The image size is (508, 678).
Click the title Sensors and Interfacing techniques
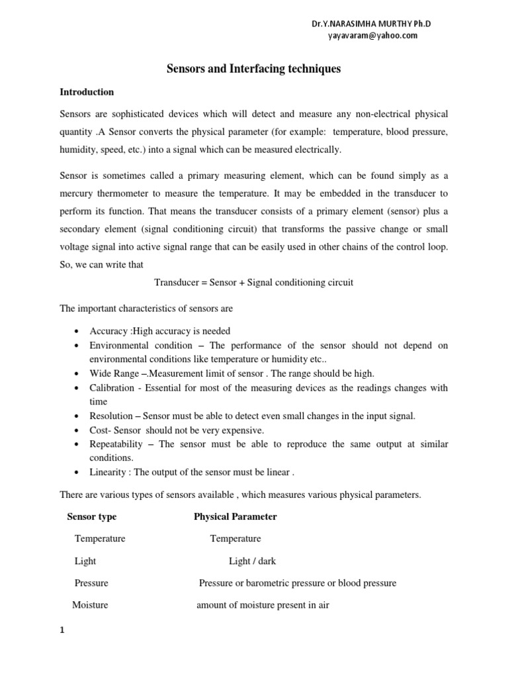(253, 68)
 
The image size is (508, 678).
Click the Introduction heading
(87, 92)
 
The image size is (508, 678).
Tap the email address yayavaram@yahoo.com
(373, 36)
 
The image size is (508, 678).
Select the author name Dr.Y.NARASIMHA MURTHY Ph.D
(374, 24)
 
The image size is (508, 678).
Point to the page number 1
(62, 630)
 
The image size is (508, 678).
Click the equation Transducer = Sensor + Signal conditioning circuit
(253, 282)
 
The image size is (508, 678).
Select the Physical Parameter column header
(235, 516)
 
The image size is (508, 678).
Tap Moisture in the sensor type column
(90, 605)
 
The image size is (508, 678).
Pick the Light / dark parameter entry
(252, 561)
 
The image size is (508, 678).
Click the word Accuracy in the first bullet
(108, 331)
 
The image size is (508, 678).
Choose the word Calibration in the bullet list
(113, 388)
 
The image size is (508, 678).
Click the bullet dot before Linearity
(78, 472)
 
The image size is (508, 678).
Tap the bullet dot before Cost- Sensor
(78, 430)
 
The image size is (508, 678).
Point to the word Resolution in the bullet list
(112, 416)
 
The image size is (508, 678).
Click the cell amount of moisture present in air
(263, 605)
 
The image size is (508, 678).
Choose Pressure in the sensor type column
(91, 583)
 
